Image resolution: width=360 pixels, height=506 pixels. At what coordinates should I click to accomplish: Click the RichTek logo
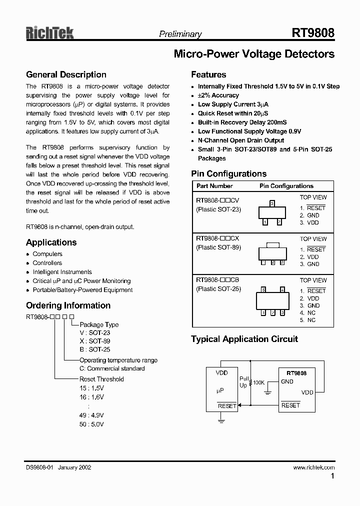50,33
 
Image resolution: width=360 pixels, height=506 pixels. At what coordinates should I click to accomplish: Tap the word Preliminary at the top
180,34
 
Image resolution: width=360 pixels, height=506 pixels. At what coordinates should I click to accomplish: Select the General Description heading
66,75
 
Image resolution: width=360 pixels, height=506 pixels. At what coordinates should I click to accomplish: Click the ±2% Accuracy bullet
218,95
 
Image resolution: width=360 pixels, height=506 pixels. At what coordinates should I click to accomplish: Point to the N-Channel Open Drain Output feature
240,140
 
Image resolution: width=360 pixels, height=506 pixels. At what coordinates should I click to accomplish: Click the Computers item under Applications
47,254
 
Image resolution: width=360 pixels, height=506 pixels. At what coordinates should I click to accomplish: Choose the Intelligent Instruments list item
62,272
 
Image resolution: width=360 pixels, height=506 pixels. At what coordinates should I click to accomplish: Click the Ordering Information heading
68,305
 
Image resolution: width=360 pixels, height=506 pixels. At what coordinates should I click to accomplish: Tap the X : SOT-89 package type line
95,341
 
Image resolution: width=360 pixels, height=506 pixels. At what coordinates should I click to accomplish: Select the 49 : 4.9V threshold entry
91,415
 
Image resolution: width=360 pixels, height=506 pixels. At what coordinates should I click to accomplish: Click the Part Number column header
214,186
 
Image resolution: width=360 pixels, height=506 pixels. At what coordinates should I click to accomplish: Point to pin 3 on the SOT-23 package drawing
271,203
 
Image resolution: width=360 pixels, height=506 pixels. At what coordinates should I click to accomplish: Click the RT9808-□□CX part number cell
217,239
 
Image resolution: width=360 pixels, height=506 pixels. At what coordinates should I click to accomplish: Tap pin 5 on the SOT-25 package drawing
263,289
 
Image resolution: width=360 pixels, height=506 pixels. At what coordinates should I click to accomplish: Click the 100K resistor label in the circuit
259,382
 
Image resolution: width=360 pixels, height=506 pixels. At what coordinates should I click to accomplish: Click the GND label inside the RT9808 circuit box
287,381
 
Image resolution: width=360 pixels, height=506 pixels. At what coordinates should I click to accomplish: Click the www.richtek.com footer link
313,467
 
